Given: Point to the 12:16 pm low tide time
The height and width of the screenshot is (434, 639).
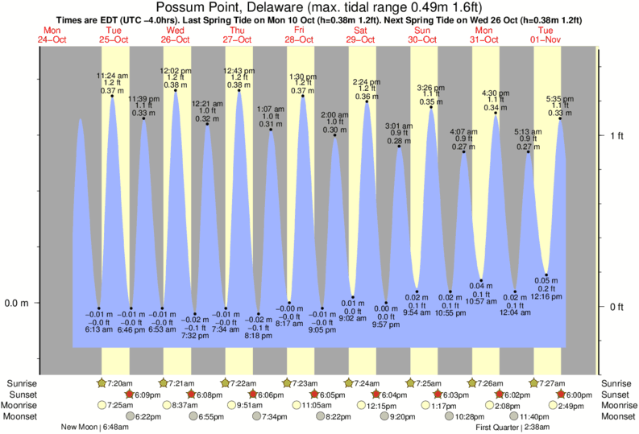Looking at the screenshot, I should pos(546,296).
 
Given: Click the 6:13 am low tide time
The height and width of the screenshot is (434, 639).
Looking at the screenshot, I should pos(98,329).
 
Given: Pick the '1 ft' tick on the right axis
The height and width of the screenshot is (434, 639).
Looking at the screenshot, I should pos(617,135).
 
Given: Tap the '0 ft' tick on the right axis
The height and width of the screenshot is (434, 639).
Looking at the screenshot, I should pos(617,307).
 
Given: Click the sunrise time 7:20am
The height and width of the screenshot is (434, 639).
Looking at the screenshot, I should pos(118,382).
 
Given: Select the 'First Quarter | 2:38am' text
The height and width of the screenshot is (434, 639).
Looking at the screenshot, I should pos(512,428).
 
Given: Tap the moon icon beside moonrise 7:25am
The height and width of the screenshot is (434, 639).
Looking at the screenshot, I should pos(102,406).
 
